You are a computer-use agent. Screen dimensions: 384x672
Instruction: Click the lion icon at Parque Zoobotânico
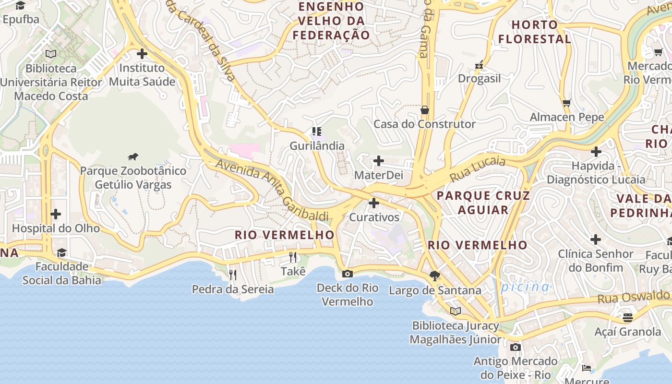tap(133, 156)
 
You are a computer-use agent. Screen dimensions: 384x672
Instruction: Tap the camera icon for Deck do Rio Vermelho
tap(347, 274)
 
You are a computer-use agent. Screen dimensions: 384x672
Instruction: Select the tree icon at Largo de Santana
tap(435, 276)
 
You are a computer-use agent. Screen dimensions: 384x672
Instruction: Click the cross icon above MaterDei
tap(379, 161)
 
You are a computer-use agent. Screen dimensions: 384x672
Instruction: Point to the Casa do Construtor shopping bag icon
tap(424, 110)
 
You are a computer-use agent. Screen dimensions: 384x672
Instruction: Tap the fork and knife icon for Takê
tap(293, 257)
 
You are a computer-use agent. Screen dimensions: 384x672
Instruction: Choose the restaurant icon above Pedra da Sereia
tap(233, 275)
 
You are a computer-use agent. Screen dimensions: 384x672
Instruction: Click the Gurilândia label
tap(317, 145)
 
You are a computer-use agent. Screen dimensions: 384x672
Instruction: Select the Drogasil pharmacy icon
tap(479, 65)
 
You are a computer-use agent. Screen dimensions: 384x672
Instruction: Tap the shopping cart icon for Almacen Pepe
tap(566, 103)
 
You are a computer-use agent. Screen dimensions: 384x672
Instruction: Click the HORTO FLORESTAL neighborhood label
tap(535, 32)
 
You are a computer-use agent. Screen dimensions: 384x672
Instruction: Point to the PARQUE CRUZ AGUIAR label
tap(483, 203)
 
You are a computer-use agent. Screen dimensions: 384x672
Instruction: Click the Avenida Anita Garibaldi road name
tap(272, 190)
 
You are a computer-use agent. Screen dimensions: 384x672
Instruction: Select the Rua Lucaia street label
tap(478, 169)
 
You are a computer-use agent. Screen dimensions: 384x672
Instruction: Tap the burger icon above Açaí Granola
tap(627, 317)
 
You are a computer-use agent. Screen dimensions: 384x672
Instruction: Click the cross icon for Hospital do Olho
tap(56, 214)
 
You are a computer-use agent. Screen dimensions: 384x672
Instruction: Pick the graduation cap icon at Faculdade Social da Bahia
tap(61, 253)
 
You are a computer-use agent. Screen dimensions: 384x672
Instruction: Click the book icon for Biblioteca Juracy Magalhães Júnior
tap(455, 311)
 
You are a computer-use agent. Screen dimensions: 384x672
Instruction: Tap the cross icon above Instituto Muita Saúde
tap(142, 54)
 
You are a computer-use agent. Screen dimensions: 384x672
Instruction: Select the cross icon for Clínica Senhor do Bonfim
tap(595, 240)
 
